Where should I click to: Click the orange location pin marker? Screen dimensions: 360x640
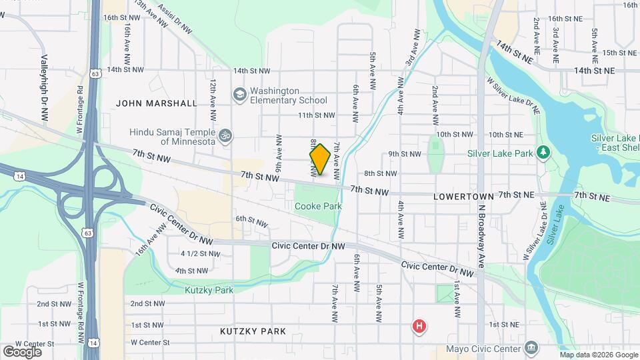320,159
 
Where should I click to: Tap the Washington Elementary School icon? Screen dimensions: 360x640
238,95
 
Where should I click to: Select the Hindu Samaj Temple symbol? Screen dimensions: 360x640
225,136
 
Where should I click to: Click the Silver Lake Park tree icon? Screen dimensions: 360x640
544,153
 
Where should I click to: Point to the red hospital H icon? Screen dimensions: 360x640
419,326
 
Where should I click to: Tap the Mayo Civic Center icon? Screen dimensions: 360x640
531,348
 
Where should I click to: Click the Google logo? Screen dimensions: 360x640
22,351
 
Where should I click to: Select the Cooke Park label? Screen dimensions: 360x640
319,206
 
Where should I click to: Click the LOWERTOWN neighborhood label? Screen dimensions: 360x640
463,197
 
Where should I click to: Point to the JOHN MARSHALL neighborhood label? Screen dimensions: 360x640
157,103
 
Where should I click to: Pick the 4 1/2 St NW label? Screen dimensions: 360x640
200,253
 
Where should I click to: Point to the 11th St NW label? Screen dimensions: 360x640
315,115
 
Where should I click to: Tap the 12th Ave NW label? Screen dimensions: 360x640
213,100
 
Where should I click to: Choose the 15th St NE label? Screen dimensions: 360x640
619,53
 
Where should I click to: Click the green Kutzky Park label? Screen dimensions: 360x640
209,290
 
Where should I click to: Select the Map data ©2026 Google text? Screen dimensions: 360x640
598,355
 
